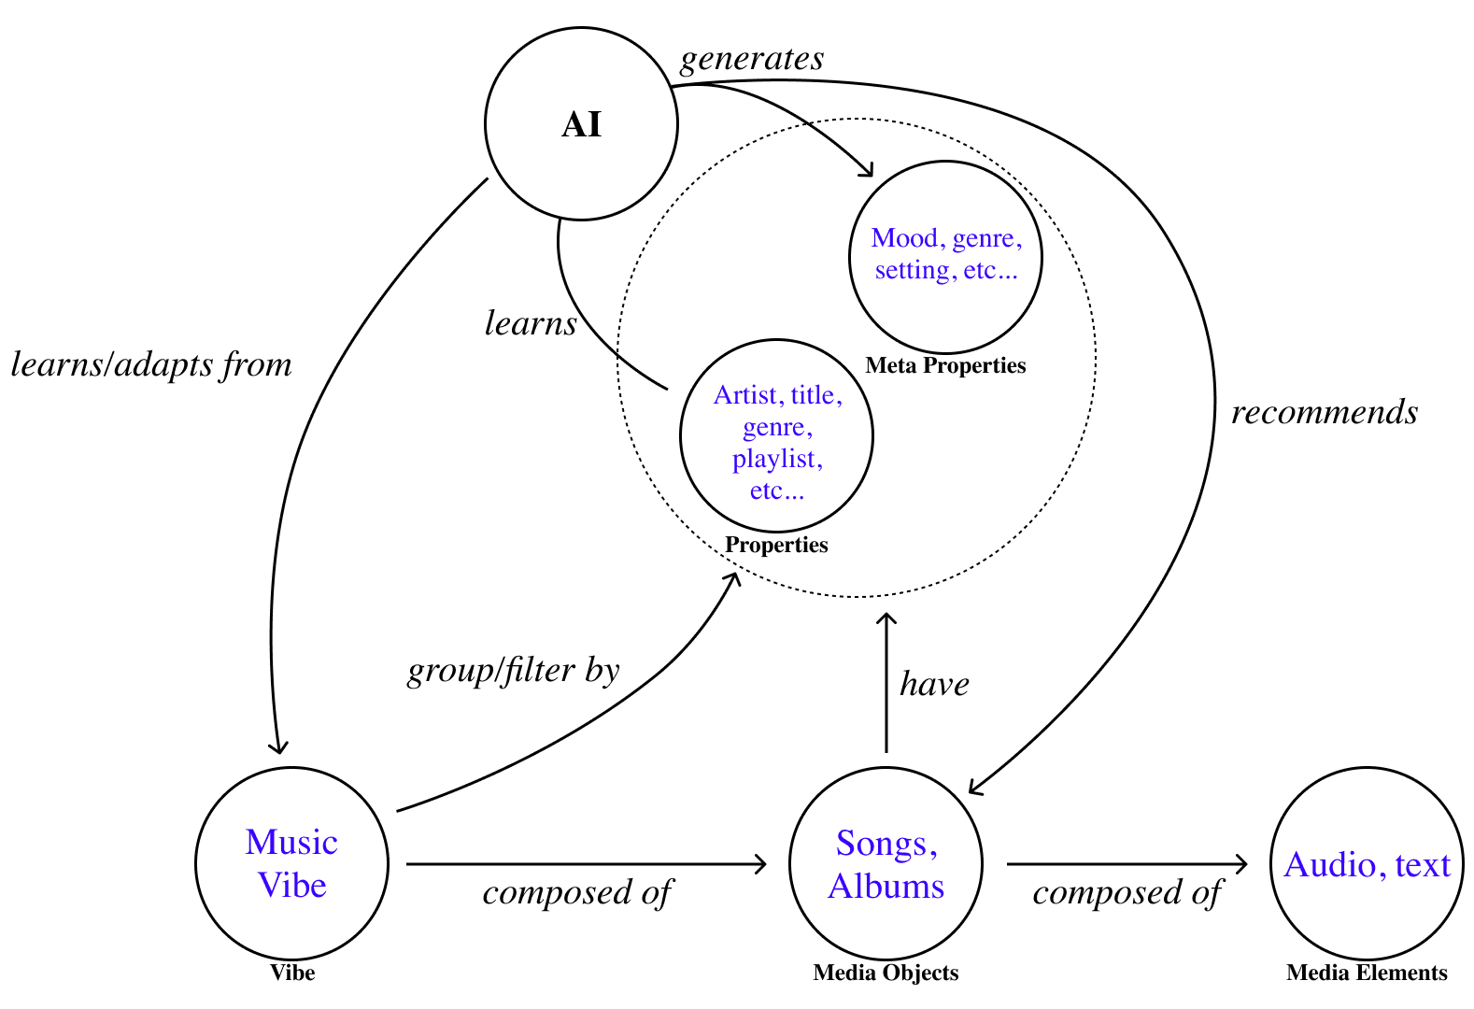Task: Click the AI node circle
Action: click(581, 124)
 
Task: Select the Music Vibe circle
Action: click(291, 863)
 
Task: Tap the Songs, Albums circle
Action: click(886, 863)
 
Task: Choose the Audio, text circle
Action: click(1367, 863)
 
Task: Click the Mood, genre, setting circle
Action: click(945, 256)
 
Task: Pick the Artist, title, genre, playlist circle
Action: click(776, 435)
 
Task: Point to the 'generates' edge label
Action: click(752, 59)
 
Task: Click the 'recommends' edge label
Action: click(1324, 412)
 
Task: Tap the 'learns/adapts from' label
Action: click(151, 364)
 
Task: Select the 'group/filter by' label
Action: click(513, 671)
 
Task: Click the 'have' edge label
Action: click(934, 685)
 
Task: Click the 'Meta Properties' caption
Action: click(945, 365)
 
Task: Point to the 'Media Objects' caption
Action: click(886, 973)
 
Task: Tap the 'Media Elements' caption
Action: click(1367, 973)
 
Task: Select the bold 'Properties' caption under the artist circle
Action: click(776, 545)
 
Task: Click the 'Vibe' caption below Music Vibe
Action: click(292, 973)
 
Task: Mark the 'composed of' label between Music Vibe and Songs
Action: click(577, 893)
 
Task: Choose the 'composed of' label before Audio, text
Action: click(1127, 893)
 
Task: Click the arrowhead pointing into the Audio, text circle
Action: click(1242, 864)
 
